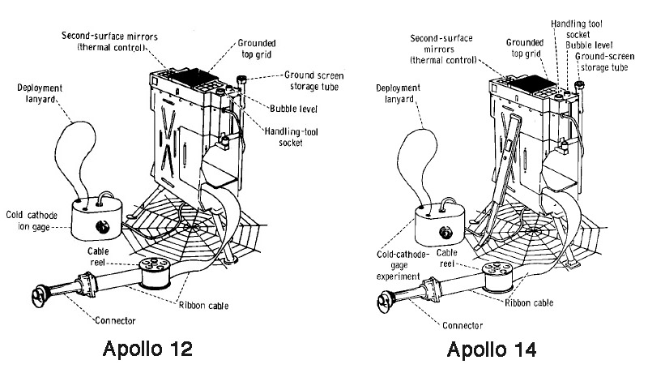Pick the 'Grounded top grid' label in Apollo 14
click(523, 45)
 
